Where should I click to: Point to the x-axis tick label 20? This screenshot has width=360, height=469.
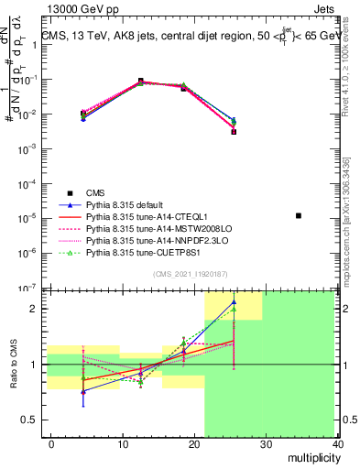click(194, 443)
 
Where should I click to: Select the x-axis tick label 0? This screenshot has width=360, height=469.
click(51, 443)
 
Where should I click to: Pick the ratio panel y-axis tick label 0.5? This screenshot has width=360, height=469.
click(34, 420)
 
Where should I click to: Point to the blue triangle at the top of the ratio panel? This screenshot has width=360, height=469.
click(234, 301)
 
